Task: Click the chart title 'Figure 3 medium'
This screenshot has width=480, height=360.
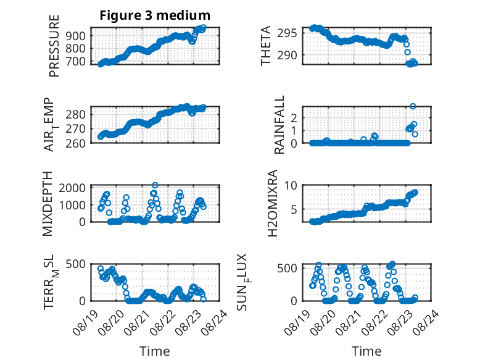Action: click(155, 15)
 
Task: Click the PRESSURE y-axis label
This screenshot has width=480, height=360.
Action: click(54, 46)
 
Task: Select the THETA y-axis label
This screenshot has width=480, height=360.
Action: click(266, 46)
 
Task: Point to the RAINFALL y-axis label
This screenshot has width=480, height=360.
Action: click(279, 125)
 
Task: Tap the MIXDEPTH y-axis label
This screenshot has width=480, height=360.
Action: click(48, 204)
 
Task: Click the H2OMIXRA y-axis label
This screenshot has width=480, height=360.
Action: click(272, 203)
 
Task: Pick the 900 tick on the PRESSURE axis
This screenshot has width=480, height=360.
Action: click(76, 36)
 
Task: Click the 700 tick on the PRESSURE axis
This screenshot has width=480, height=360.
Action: click(76, 61)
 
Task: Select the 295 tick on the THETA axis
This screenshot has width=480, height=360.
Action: click(287, 33)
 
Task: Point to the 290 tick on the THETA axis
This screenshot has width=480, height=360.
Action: click(287, 56)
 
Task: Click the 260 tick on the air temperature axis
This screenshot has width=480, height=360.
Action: click(76, 143)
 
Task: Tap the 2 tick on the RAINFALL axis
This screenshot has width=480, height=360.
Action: click(294, 118)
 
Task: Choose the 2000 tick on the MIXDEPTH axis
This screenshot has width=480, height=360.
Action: click(72, 188)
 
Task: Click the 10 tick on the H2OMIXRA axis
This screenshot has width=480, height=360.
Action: click(291, 185)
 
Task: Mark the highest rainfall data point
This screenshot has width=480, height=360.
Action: click(413, 106)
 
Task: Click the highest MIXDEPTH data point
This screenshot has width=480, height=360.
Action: click(155, 185)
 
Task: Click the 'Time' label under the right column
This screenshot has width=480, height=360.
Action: click(366, 351)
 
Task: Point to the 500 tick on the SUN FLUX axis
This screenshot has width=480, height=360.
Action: click(287, 269)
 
